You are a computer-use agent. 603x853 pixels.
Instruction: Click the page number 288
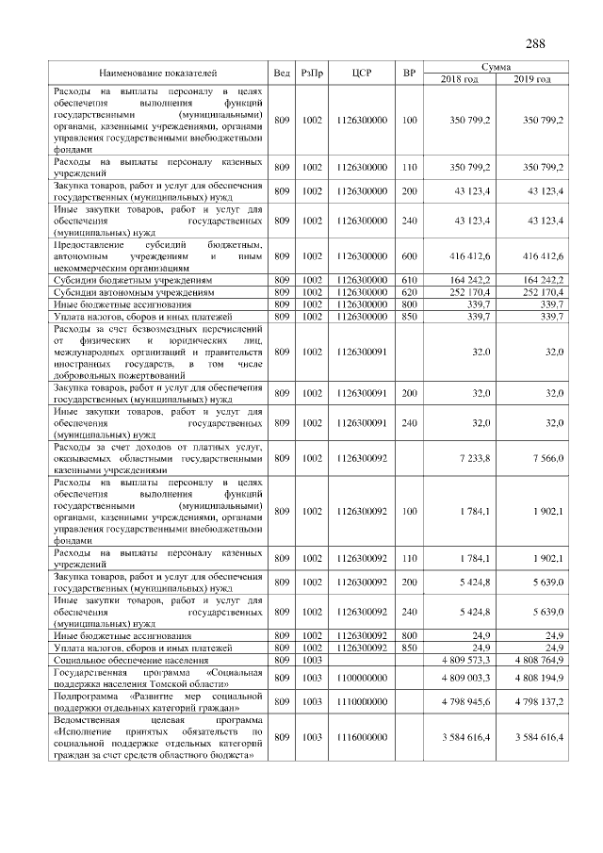click(533, 43)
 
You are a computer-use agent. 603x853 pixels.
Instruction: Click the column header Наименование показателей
click(157, 73)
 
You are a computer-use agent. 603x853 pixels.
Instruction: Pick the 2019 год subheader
click(532, 79)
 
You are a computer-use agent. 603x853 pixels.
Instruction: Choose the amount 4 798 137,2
click(533, 702)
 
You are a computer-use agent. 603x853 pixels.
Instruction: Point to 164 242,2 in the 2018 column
click(468, 280)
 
